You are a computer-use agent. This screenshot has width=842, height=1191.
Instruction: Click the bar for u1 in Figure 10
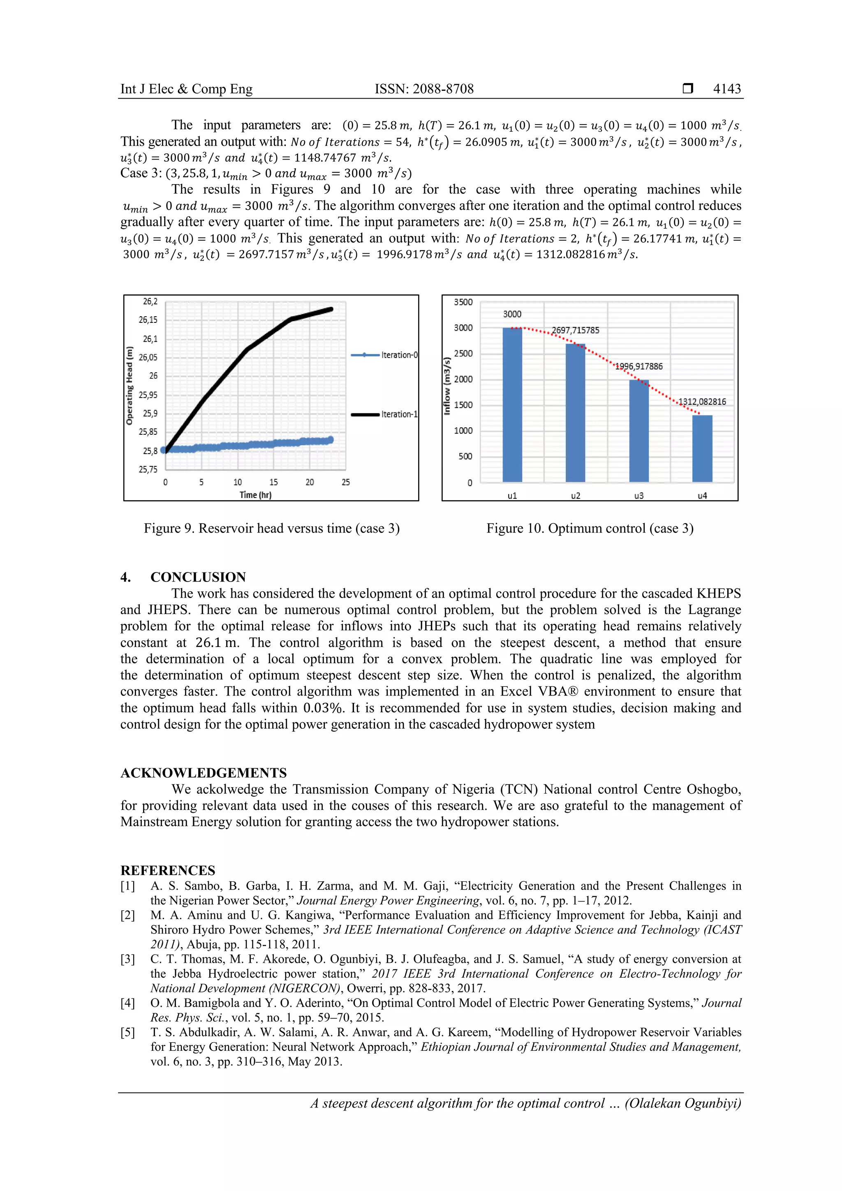[x=512, y=405]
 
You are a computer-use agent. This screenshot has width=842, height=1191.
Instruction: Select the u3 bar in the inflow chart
[x=639, y=431]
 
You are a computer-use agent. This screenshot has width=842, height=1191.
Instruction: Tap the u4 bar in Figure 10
[x=702, y=449]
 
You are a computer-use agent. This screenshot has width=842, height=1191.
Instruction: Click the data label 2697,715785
[x=575, y=330]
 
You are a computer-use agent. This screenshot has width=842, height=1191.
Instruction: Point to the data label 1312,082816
[x=702, y=401]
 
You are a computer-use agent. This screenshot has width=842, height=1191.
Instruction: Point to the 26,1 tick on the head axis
[x=149, y=339]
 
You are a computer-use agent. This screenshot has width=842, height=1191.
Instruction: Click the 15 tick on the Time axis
[x=273, y=482]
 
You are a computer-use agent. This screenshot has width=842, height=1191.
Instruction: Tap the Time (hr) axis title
[x=255, y=495]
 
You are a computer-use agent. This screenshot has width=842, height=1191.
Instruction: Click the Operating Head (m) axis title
[x=130, y=385]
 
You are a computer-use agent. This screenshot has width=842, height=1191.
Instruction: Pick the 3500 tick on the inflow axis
[x=463, y=302]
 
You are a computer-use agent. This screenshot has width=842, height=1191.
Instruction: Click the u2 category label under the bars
[x=576, y=496]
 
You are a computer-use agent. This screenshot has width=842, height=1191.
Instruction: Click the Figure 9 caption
[x=271, y=528]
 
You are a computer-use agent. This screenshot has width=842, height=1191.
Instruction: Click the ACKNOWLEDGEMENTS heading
[x=203, y=773]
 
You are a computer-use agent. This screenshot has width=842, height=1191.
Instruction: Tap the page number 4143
[x=726, y=89]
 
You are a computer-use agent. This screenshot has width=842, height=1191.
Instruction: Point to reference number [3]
[x=128, y=959]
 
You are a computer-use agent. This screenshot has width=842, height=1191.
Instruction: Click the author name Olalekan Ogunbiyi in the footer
[x=682, y=1103]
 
